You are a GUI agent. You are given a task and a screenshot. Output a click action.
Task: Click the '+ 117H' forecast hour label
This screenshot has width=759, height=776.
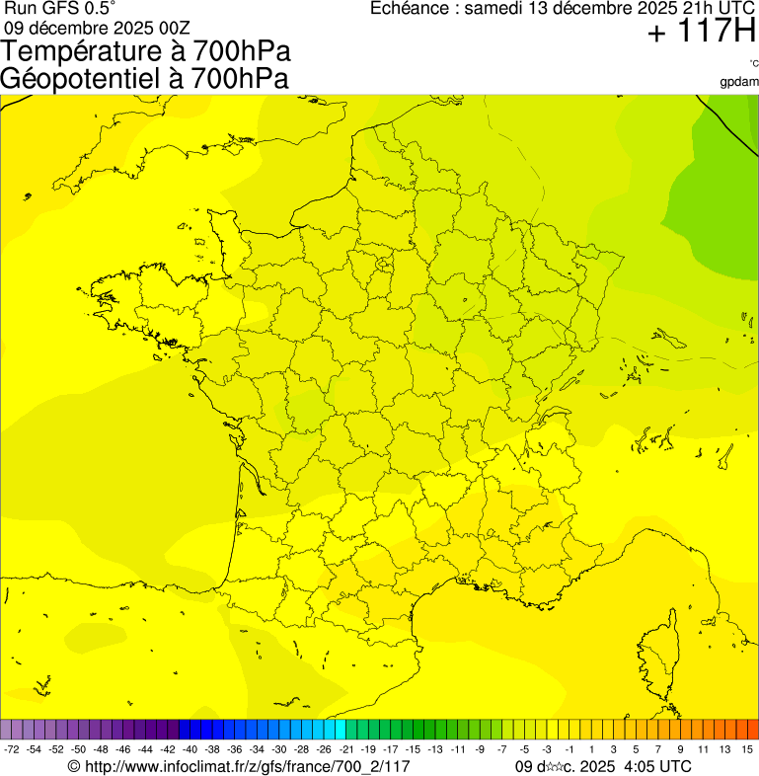pos(702,33)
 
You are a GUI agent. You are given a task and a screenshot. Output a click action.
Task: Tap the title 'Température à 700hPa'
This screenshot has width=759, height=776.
pos(146,51)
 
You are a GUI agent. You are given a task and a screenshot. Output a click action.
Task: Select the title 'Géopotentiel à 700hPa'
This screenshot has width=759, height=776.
pos(144,78)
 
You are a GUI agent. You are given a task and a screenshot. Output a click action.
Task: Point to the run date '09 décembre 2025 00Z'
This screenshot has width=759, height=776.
pos(97,27)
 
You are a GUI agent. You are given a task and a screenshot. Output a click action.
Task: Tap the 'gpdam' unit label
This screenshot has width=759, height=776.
pos(739,81)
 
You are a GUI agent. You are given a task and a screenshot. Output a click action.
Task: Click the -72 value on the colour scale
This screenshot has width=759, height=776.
pos(12,750)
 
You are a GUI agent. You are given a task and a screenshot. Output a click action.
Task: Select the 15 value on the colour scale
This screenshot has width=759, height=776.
pos(747,750)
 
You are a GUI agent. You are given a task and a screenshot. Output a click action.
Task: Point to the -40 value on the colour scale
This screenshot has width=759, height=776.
pos(190,750)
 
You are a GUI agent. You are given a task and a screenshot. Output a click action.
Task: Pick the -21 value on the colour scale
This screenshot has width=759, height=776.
pos(346,750)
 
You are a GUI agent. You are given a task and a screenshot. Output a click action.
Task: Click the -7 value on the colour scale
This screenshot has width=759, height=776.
pos(502,750)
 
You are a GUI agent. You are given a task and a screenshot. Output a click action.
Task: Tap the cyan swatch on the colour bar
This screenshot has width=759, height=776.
pos(340,730)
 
